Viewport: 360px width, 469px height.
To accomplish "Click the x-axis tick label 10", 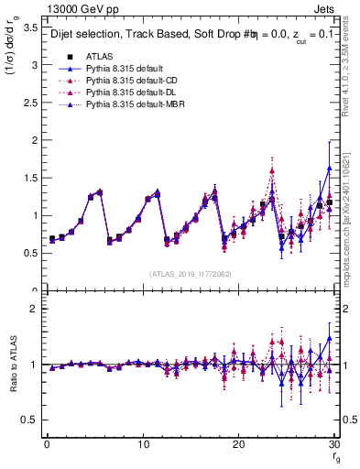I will [143, 444].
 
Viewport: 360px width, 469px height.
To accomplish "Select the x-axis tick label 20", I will [238, 444].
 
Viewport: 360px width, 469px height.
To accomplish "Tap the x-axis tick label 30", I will [333, 444].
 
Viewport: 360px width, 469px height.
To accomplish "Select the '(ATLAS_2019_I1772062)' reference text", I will [191, 274].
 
